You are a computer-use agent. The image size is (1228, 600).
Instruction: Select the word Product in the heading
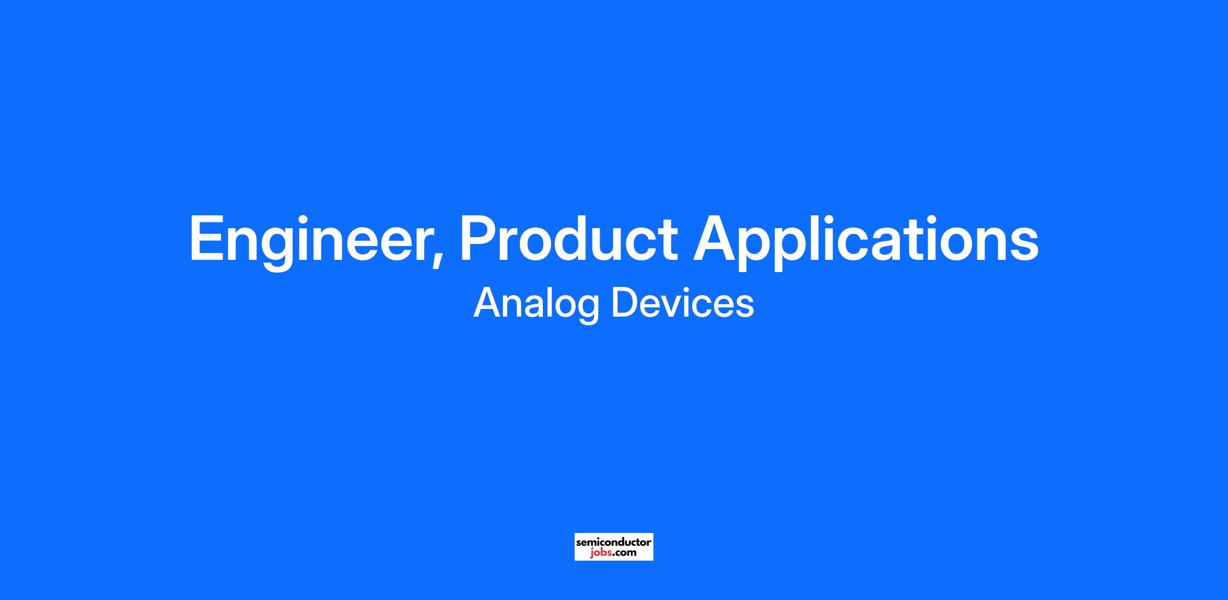(x=568, y=238)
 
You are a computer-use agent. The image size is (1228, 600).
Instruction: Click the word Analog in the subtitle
(x=536, y=304)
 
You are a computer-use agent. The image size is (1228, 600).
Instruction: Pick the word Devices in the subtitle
(x=683, y=303)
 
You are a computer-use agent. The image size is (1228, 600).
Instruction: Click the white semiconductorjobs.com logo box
(x=613, y=546)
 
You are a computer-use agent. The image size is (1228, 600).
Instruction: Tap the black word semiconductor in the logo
(x=613, y=542)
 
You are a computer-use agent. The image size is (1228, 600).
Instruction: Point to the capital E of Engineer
(x=207, y=238)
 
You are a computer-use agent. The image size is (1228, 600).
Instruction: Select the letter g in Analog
(x=588, y=310)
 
